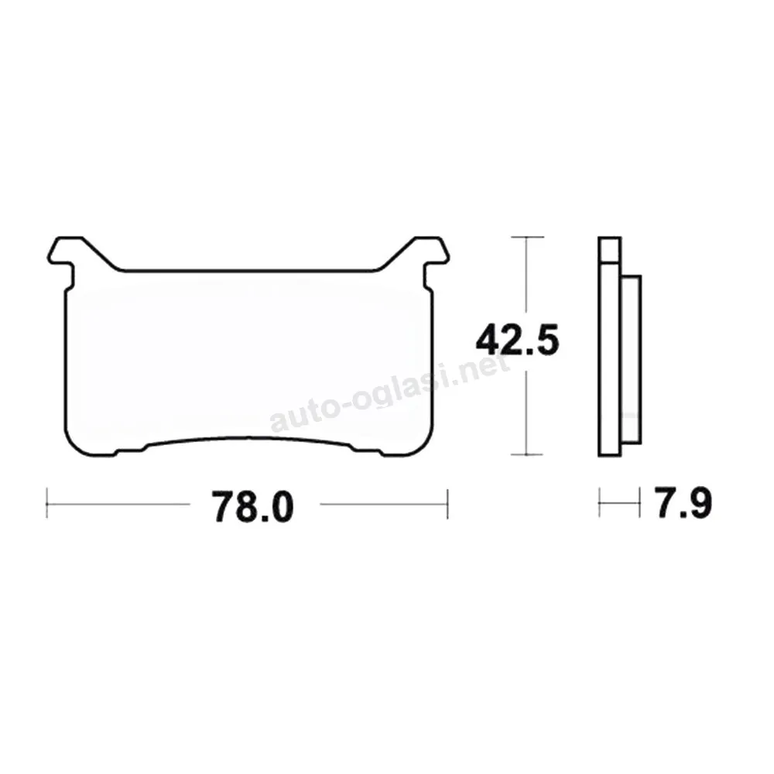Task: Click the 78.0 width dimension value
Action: pyautogui.click(x=252, y=506)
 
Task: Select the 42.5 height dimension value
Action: pyautogui.click(x=517, y=340)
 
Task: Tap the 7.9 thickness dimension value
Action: pyautogui.click(x=683, y=503)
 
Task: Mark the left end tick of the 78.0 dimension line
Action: pyautogui.click(x=47, y=504)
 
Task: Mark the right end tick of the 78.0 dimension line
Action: pyautogui.click(x=447, y=504)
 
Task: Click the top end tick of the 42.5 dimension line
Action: pyautogui.click(x=527, y=238)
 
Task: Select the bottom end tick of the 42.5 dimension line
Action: pyautogui.click(x=527, y=454)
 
